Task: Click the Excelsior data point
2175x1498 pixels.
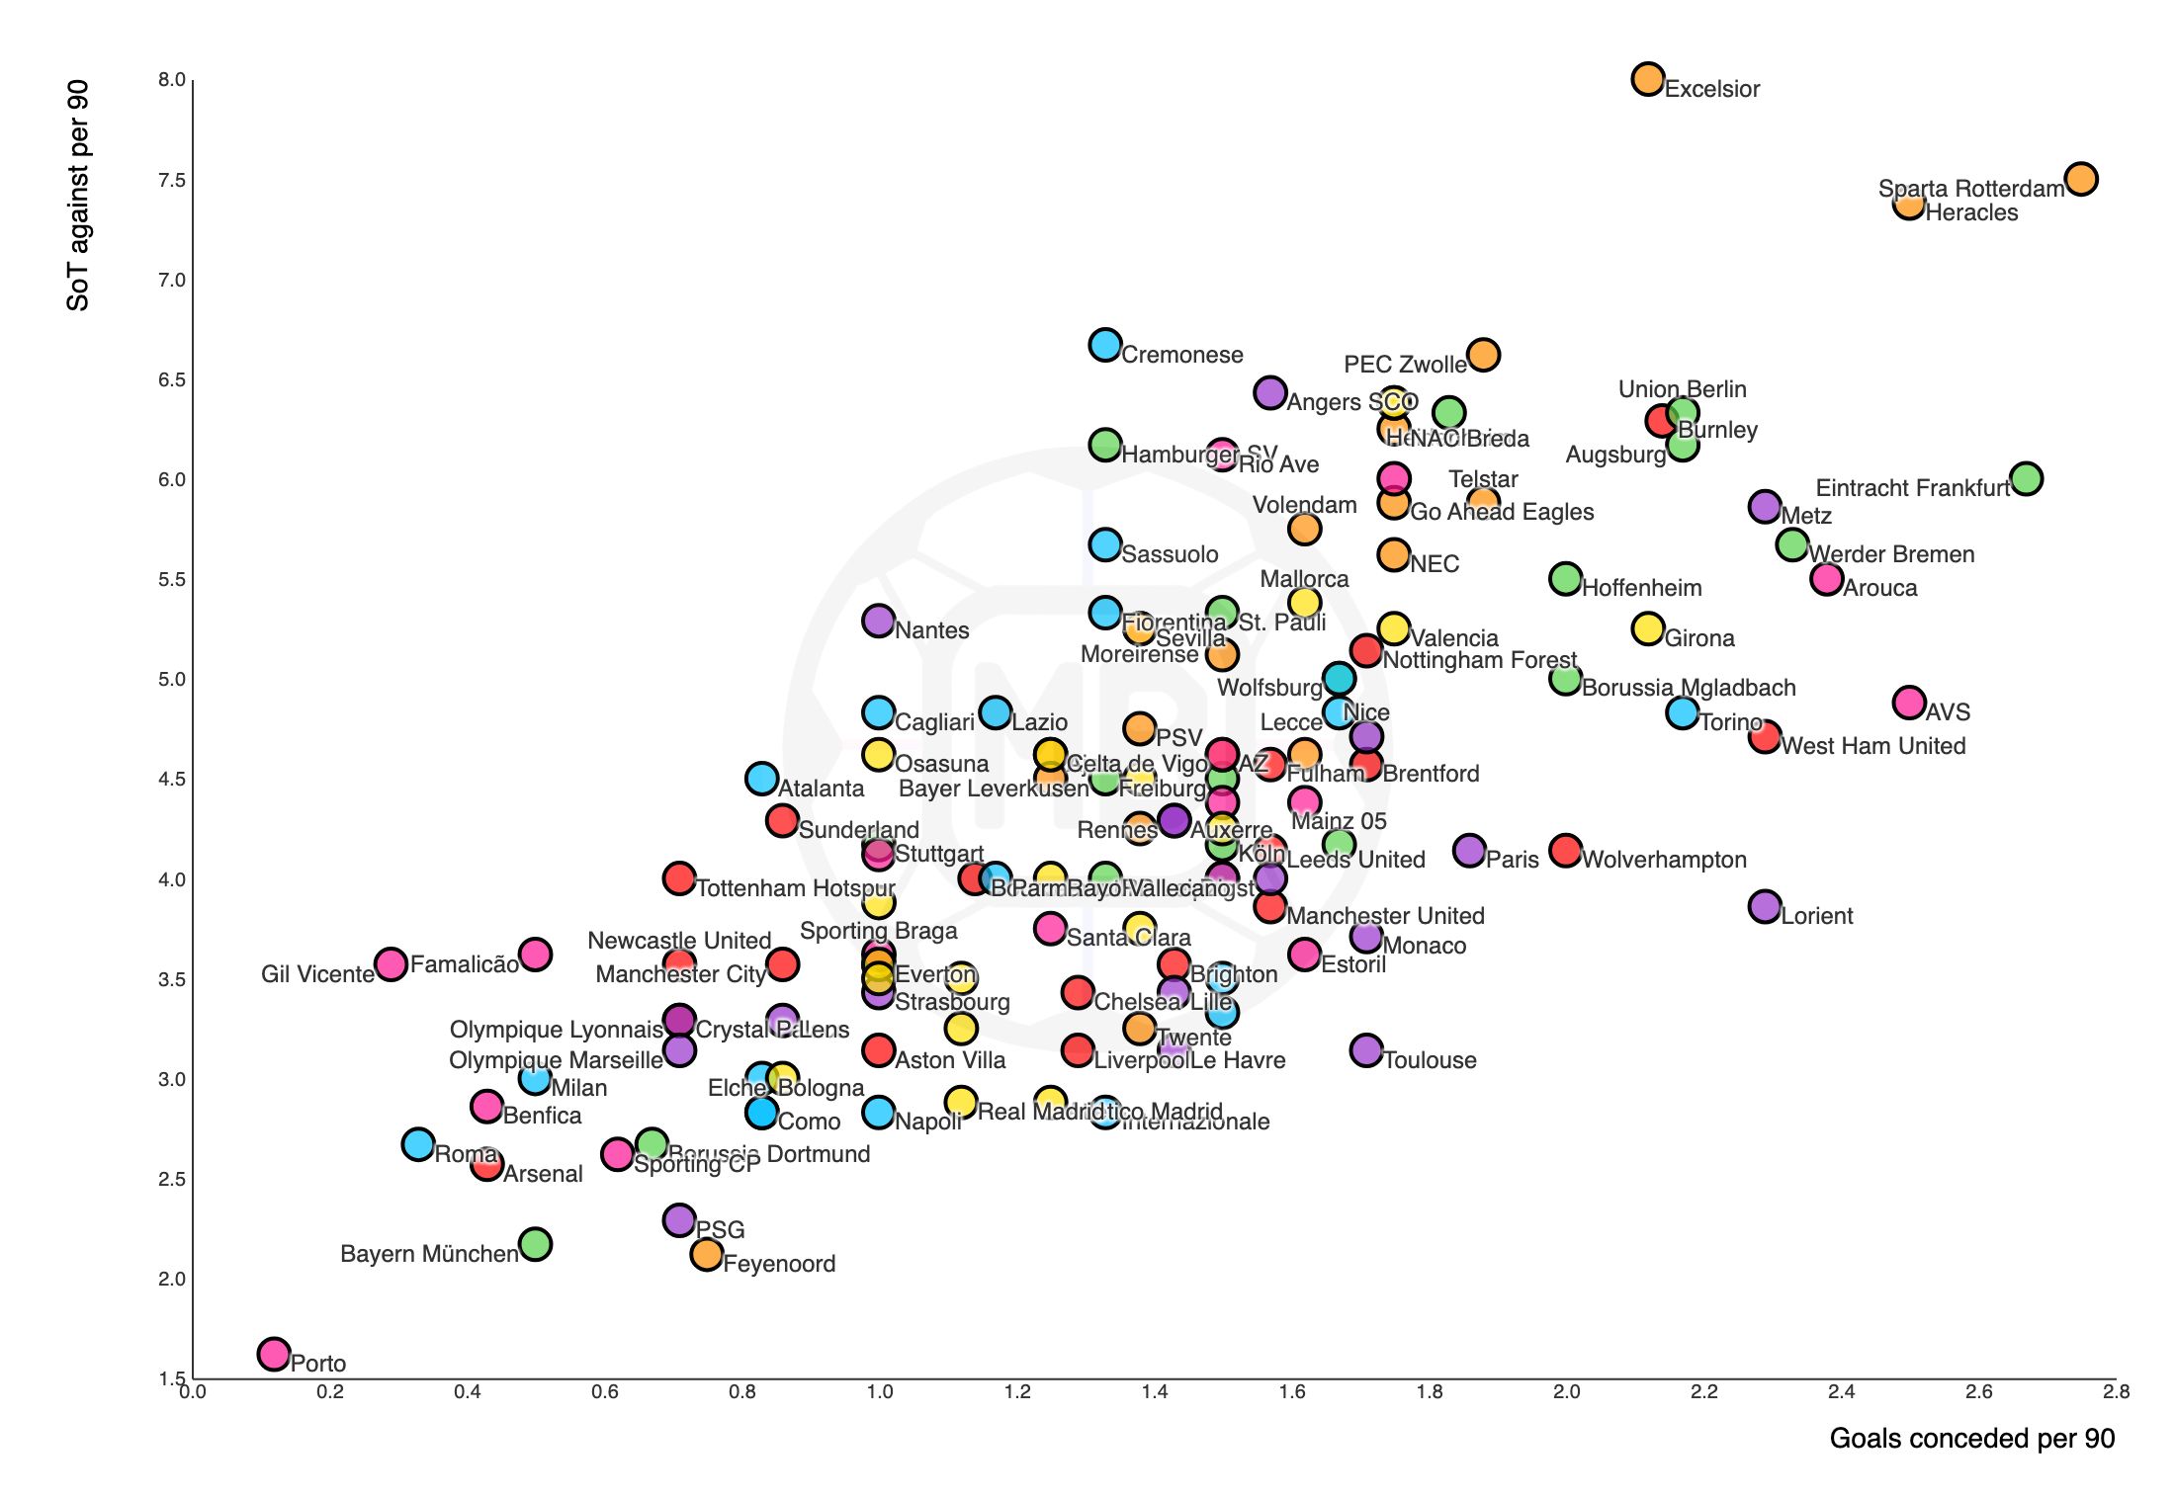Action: tap(1647, 79)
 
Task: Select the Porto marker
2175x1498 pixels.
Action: tap(274, 1353)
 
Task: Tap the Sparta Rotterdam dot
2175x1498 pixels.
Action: tap(2081, 179)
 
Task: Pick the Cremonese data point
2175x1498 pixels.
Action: tap(1104, 345)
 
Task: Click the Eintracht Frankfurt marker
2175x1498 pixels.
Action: tap(2026, 478)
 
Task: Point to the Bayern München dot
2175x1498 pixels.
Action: tap(535, 1243)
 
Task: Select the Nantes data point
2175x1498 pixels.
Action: tap(878, 621)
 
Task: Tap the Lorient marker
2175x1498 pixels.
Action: tap(1765, 906)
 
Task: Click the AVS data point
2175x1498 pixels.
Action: tap(1909, 703)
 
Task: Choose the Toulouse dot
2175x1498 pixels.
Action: tap(1366, 1049)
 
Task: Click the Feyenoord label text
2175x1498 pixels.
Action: tap(779, 1264)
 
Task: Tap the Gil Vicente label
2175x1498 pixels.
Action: tap(317, 974)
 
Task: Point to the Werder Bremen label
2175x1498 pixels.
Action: tap(1891, 554)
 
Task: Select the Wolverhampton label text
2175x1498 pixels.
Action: tap(1664, 860)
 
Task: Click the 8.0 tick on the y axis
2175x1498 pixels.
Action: tap(172, 80)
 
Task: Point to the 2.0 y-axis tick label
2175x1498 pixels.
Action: tap(172, 1279)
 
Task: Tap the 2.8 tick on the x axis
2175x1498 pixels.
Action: tap(2116, 1392)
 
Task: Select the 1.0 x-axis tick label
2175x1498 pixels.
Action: tap(879, 1392)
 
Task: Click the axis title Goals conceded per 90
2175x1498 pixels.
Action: tap(1971, 1439)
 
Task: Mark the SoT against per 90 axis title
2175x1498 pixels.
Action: tap(78, 196)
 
